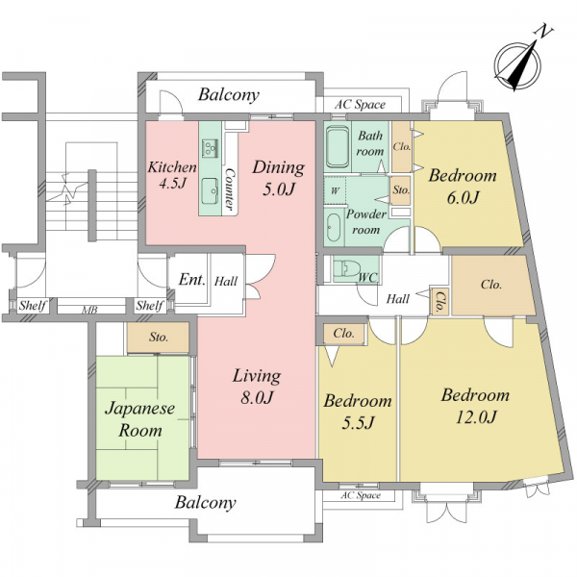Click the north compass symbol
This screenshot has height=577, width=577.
(x=517, y=64)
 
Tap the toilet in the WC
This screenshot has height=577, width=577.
(x=346, y=268)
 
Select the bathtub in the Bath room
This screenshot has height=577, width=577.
(x=338, y=147)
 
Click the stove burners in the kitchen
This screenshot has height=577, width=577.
(x=210, y=148)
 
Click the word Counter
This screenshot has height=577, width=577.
(x=230, y=189)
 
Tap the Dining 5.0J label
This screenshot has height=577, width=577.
(x=279, y=178)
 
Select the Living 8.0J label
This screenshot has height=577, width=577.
(x=257, y=387)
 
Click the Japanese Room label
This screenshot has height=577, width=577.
(x=140, y=419)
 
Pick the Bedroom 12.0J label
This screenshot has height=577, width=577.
(x=475, y=406)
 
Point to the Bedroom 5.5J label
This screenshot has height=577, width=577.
(x=358, y=412)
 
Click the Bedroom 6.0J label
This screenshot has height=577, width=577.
(x=463, y=187)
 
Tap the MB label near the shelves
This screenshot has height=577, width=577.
(x=89, y=310)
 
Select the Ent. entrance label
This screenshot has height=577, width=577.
(x=191, y=280)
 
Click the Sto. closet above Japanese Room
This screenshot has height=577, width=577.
(x=159, y=338)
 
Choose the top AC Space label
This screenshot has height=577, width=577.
(x=360, y=105)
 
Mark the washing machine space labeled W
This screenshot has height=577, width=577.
(x=335, y=190)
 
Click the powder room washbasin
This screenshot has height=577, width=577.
(x=335, y=228)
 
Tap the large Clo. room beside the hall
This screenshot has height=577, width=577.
(x=491, y=285)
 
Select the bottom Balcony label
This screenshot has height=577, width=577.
(x=206, y=503)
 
